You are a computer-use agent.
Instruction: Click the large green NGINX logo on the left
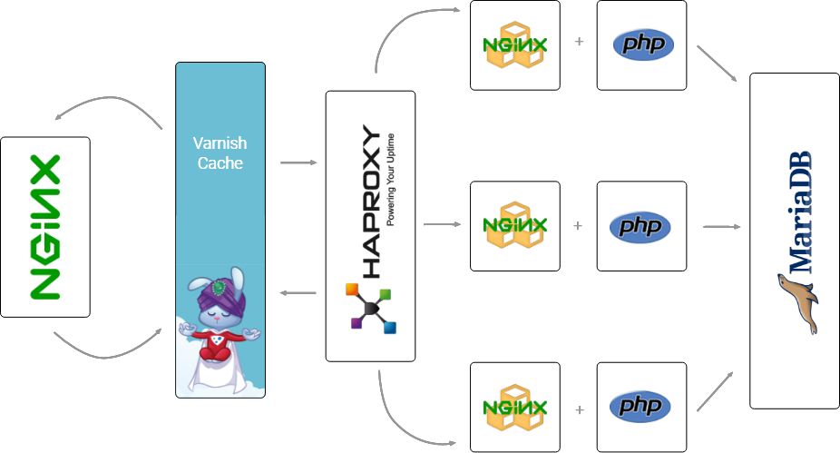coord(44,227)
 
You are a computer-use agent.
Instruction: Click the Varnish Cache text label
coord(220,153)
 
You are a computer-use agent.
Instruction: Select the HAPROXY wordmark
coord(372,201)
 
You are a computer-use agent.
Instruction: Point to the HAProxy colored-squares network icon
coord(370,309)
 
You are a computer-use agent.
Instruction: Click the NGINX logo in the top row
coord(514,45)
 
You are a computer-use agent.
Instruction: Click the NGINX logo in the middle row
coord(514,226)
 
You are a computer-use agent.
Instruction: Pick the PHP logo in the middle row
coord(642,226)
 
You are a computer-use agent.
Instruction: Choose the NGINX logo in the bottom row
coord(514,407)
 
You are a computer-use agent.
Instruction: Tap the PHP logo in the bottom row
coord(642,407)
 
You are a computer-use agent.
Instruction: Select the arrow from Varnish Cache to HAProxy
coord(298,163)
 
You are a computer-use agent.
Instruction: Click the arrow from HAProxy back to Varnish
coord(298,292)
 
